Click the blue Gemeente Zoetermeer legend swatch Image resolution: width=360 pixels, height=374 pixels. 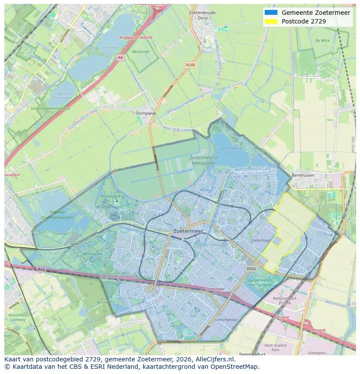[270, 13]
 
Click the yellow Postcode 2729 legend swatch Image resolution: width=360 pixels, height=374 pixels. [270, 21]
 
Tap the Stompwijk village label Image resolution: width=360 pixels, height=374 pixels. [145, 113]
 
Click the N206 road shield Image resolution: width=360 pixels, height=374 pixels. [190, 65]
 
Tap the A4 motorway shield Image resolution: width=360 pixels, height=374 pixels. [120, 57]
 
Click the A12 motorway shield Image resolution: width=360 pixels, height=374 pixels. [40, 269]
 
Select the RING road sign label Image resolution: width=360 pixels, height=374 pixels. [251, 269]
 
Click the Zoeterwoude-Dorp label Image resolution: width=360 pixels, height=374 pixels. [203, 15]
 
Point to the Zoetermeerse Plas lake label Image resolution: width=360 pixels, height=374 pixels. [226, 151]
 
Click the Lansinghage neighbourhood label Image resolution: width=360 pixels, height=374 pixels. [226, 319]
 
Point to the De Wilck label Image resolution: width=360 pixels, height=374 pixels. [322, 40]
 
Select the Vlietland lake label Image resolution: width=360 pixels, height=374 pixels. [109, 47]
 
